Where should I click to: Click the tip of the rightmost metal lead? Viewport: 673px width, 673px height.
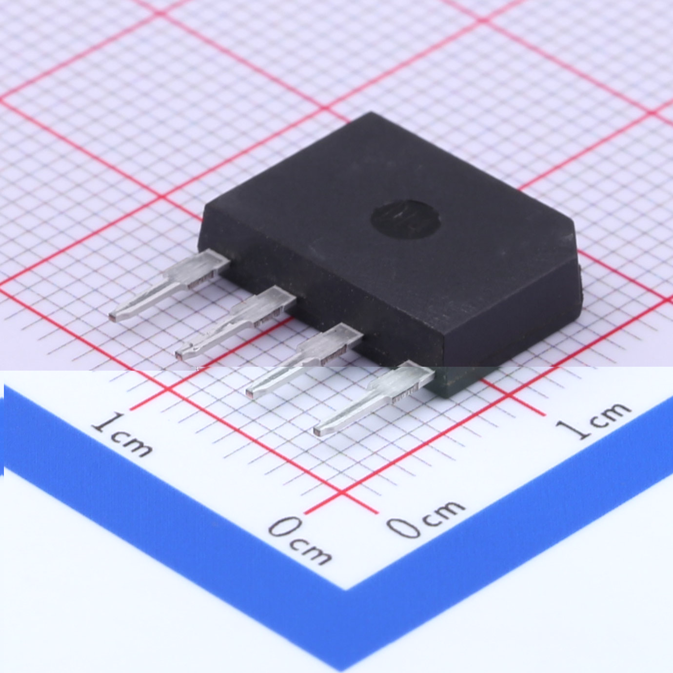pos(318,431)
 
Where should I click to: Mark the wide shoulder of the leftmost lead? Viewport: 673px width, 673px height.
pos(198,268)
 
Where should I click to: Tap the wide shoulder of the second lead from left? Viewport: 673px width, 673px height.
pos(264,305)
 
